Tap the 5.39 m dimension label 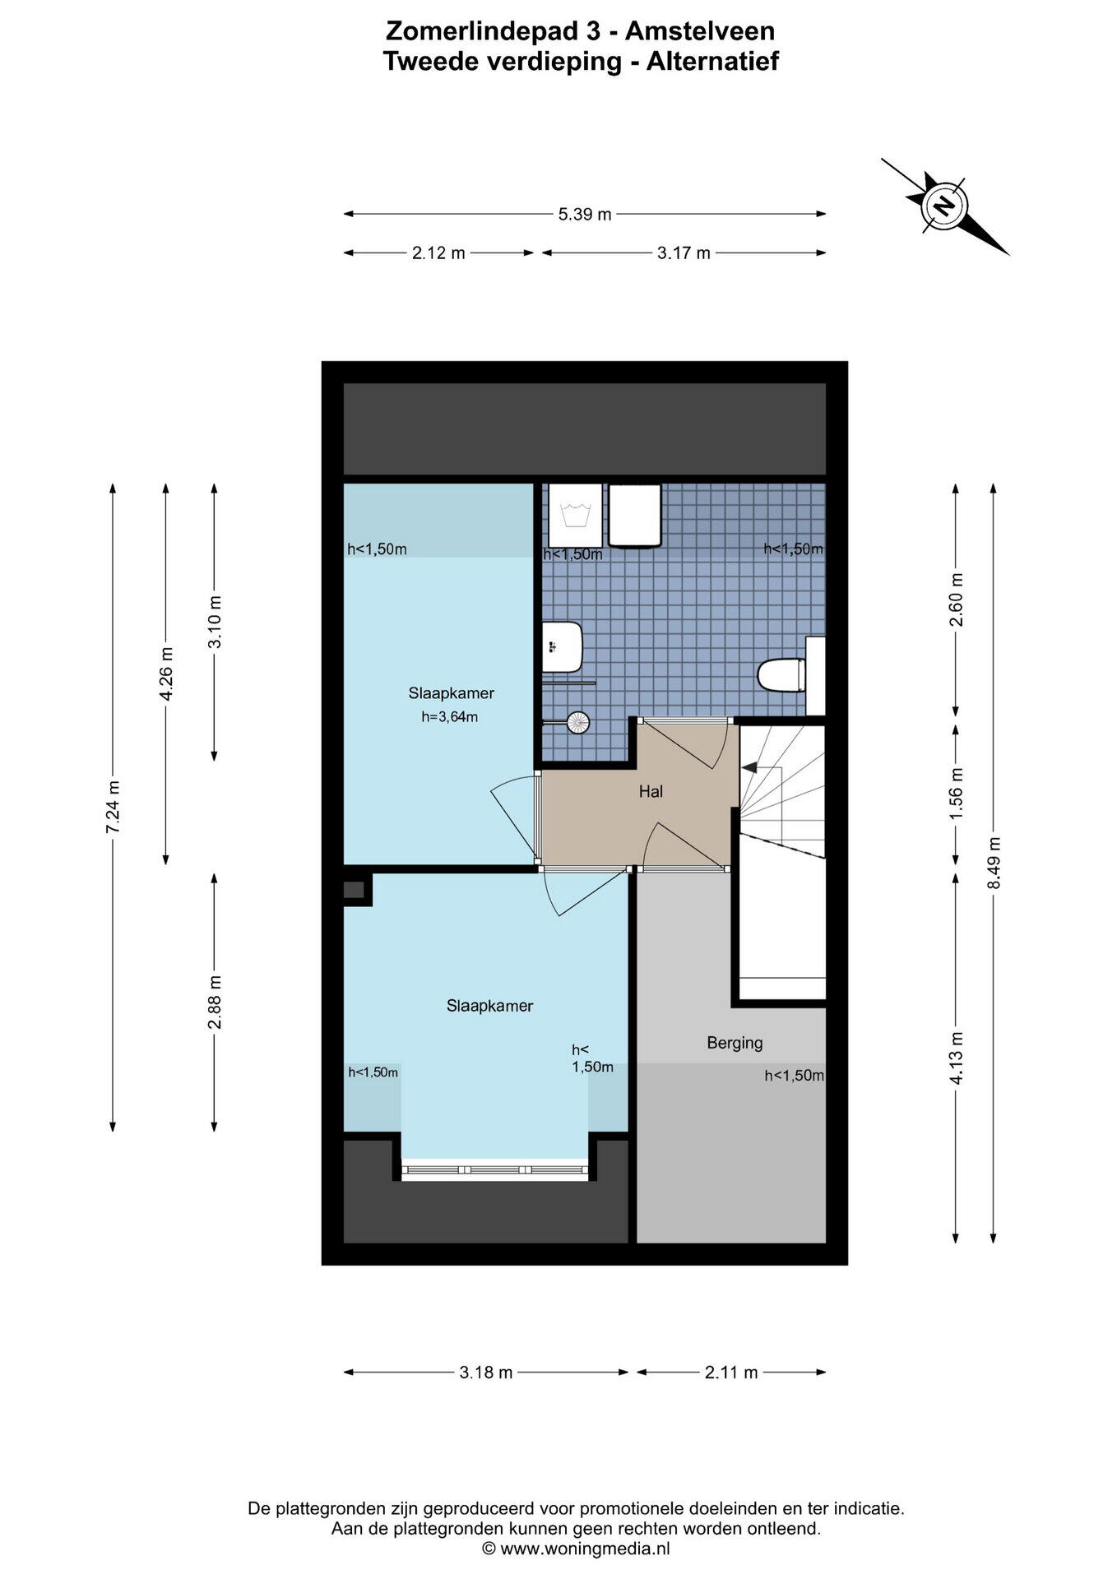[585, 215]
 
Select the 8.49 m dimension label [994, 863]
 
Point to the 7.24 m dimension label [113, 807]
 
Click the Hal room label [651, 792]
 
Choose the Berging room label [735, 1043]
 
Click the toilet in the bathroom [781, 675]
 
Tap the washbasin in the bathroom [563, 646]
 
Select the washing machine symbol [576, 515]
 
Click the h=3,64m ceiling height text [450, 717]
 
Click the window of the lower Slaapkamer [495, 1170]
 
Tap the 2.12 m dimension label [438, 253]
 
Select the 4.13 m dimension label [956, 1058]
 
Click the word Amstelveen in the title [700, 31]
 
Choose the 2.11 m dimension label [731, 1373]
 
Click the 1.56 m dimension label [956, 794]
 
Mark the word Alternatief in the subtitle [712, 62]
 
